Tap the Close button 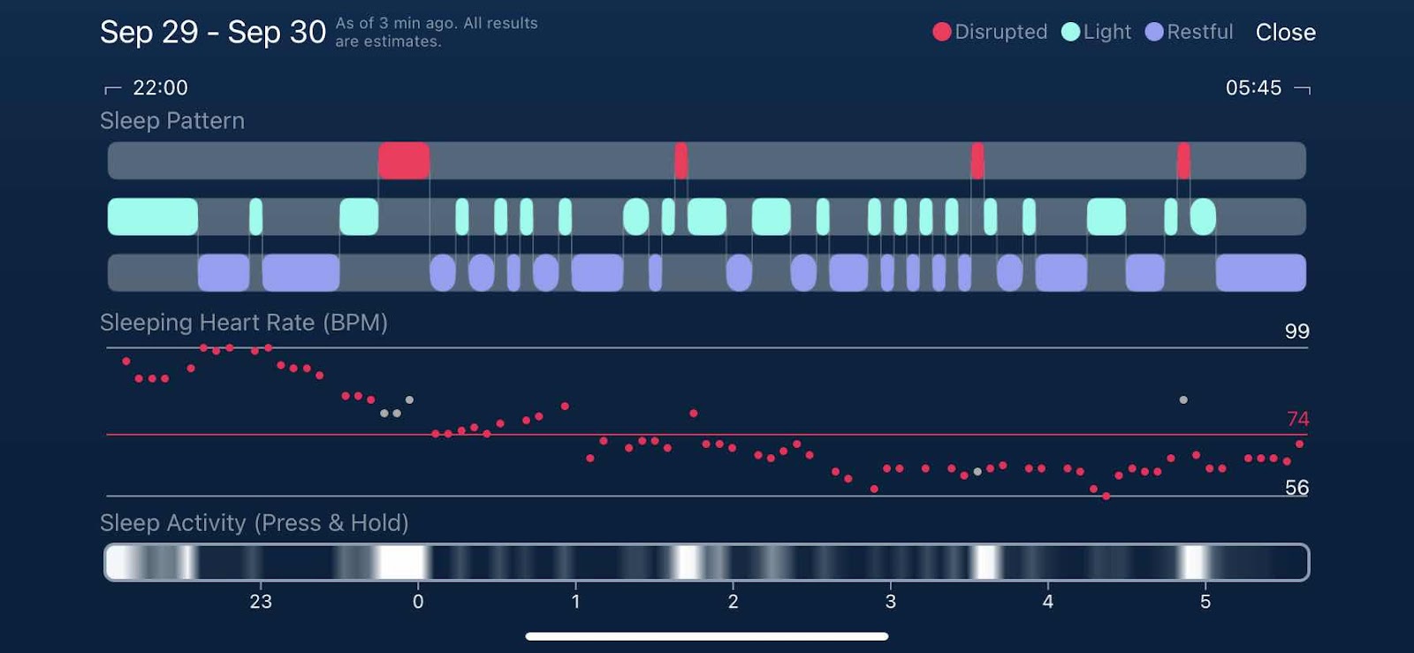1285,33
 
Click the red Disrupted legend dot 942,32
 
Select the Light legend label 1106,32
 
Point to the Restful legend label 1199,32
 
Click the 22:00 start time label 160,87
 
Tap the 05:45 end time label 1253,87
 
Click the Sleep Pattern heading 172,121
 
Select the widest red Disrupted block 404,161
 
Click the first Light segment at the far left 153,216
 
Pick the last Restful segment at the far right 1260,272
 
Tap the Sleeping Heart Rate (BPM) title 244,323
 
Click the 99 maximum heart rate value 1296,331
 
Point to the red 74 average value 1297,419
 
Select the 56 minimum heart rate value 1296,488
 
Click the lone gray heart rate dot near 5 1183,400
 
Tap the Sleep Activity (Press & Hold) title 255,523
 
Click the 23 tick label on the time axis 261,602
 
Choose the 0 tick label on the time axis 418,602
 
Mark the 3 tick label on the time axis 890,602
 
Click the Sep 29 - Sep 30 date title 213,33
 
